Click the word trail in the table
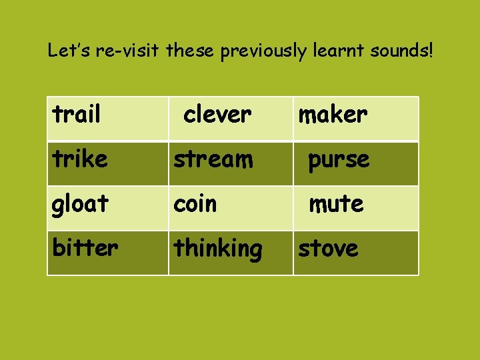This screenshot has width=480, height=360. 76,115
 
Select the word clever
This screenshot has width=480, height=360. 217,115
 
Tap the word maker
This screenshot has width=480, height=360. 333,115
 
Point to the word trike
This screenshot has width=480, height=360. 80,159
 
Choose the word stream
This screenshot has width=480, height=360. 213,159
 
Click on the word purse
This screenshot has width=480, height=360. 338,160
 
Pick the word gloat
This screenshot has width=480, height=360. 80,204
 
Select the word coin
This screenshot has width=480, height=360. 195,204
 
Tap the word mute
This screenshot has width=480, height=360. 336,204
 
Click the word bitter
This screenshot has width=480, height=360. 85,248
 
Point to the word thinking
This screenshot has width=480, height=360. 218,249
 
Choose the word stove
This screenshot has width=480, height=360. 328,249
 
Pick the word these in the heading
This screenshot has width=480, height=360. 191,51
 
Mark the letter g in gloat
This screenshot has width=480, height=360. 58,206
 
